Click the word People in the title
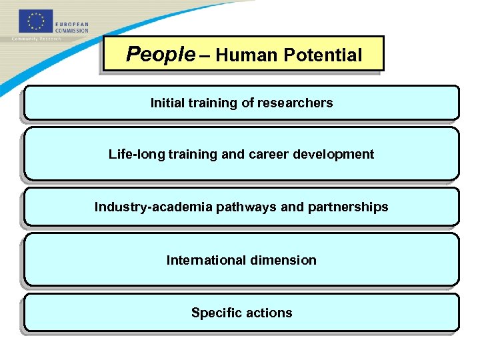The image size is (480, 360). [x=159, y=55]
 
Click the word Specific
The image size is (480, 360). [x=215, y=313]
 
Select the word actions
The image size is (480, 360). [x=270, y=313]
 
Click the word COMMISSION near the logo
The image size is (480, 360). [x=71, y=31]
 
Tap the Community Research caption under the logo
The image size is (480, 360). [x=37, y=39]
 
